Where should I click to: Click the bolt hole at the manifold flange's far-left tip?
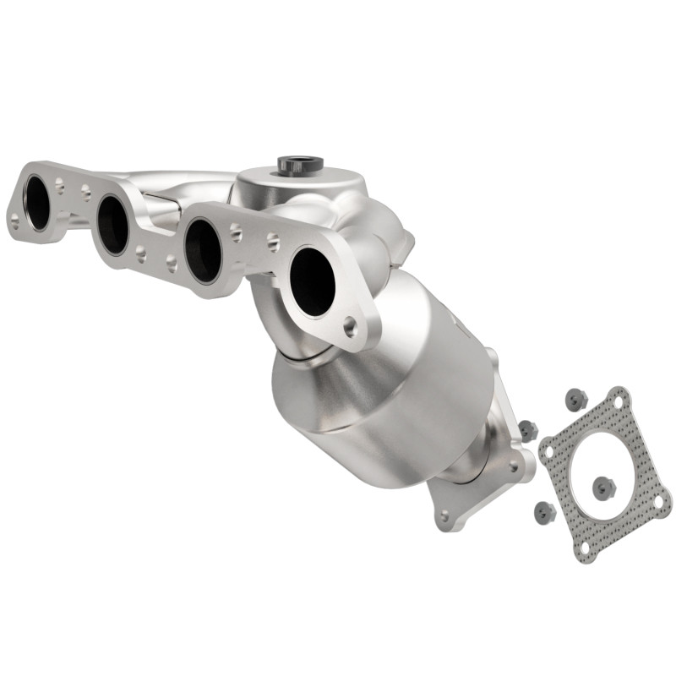[x=14, y=221]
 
